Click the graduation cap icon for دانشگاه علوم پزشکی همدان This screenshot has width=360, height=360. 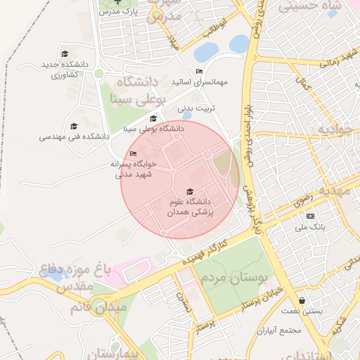click(x=188, y=192)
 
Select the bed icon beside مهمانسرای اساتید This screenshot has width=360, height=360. click(x=199, y=72)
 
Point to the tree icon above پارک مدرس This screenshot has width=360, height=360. click(x=118, y=2)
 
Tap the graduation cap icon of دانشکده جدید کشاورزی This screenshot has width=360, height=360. click(x=65, y=54)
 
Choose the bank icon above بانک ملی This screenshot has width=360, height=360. click(x=310, y=217)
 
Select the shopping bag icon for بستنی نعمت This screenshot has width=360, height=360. click(x=302, y=301)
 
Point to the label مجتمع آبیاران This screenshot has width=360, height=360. click(x=278, y=330)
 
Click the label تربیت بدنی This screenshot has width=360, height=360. click(x=195, y=108)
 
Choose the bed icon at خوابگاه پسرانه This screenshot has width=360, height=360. click(x=134, y=154)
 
